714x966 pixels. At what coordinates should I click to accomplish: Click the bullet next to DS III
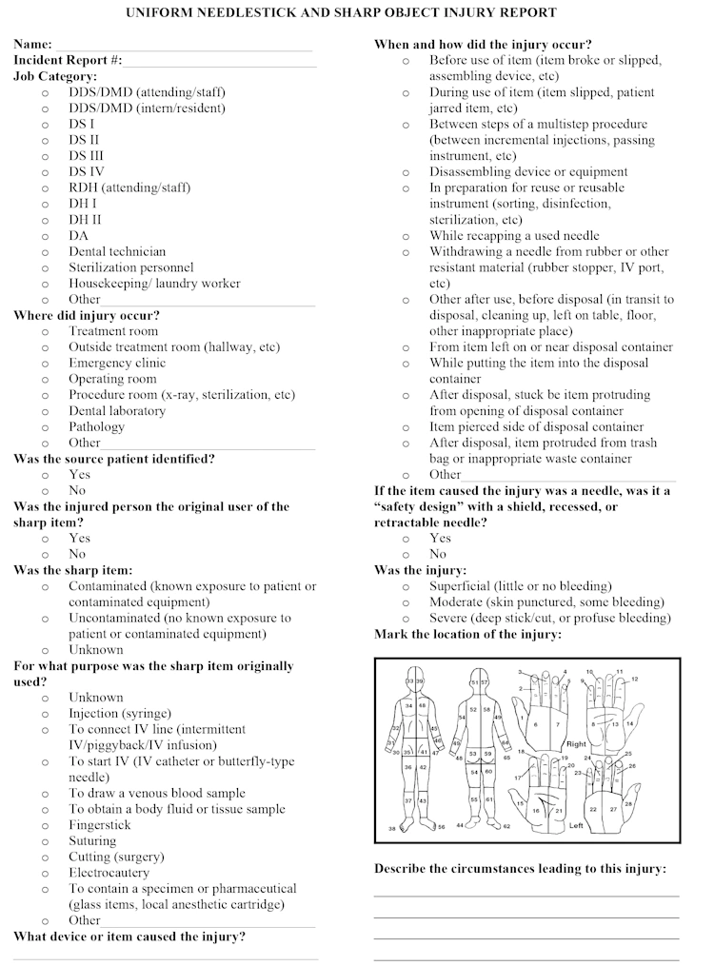coord(46,156)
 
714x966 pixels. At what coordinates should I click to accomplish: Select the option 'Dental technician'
coord(116,251)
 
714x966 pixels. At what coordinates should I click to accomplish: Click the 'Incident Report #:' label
coord(68,60)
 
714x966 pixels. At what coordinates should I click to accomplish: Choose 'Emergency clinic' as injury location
coord(116,363)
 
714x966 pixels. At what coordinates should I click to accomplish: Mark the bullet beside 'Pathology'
coord(46,427)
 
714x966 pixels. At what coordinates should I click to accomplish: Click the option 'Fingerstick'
coord(99,825)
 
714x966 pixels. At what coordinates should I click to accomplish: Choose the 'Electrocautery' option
coord(109,873)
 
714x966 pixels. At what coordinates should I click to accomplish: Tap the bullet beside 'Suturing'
coord(46,841)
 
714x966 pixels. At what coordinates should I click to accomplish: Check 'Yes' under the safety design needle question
coord(407,539)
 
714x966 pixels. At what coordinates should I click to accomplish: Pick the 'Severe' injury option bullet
coord(407,619)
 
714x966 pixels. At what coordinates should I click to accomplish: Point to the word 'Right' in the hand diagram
coord(576,744)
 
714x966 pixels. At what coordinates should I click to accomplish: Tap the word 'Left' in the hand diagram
coord(575,826)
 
